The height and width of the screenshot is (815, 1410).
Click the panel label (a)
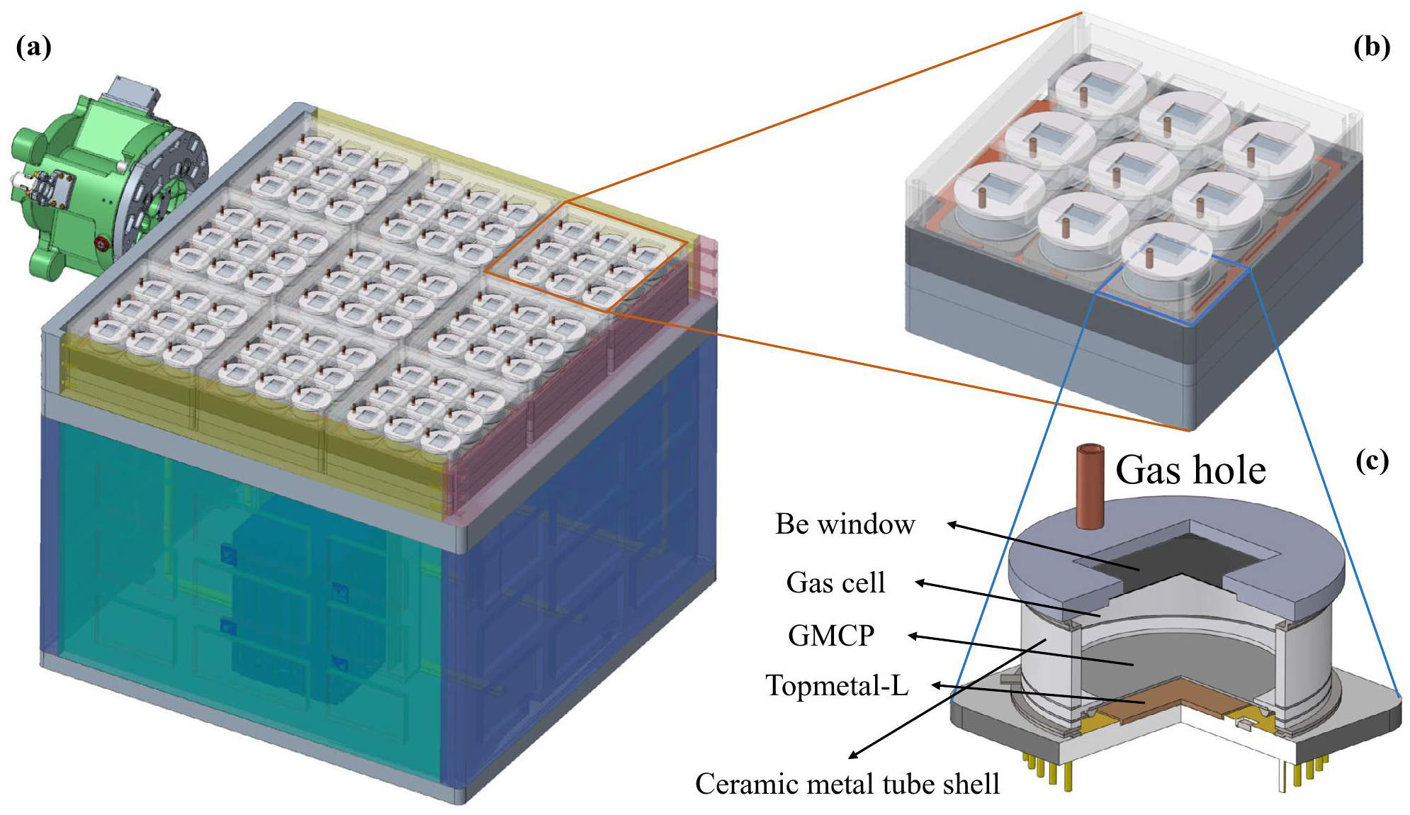pyautogui.click(x=33, y=47)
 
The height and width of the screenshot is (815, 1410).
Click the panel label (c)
pyautogui.click(x=1372, y=461)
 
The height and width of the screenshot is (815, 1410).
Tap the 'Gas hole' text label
pyautogui.click(x=1190, y=470)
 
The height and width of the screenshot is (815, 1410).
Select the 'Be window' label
pyautogui.click(x=845, y=524)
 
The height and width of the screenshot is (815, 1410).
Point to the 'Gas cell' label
pyautogui.click(x=835, y=583)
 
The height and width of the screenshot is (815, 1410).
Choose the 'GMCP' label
pyautogui.click(x=831, y=635)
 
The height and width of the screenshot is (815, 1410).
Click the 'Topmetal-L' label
pyautogui.click(x=837, y=685)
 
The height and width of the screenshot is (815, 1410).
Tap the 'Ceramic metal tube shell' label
pyautogui.click(x=847, y=784)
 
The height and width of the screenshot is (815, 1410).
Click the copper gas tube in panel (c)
pyautogui.click(x=1090, y=486)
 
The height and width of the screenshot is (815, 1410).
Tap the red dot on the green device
pyautogui.click(x=101, y=244)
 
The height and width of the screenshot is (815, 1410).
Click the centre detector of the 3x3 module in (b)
pyautogui.click(x=1134, y=170)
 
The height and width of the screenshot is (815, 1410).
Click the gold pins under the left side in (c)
pyautogui.click(x=1037, y=770)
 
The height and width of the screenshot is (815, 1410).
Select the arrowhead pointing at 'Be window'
pyautogui.click(x=954, y=524)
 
